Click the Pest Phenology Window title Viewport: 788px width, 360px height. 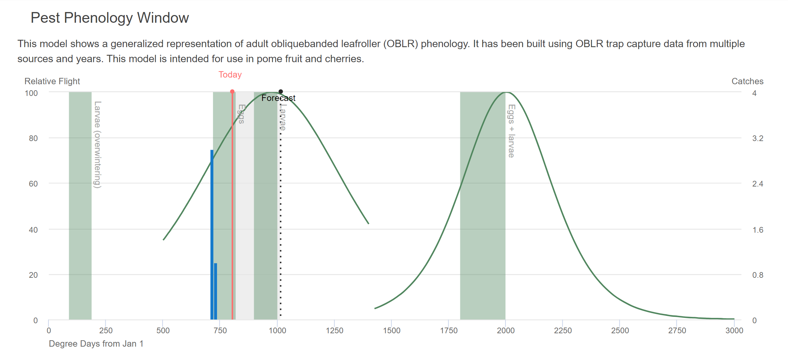tap(110, 18)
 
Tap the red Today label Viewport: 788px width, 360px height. tap(230, 75)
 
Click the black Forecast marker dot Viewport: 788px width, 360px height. tap(281, 92)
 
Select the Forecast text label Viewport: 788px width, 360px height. tap(278, 98)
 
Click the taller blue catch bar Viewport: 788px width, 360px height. tap(212, 234)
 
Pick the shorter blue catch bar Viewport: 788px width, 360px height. tap(216, 291)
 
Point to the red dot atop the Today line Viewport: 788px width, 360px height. tap(232, 92)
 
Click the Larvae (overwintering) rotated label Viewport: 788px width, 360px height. tap(97, 144)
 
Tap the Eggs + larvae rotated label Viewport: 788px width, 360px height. tap(511, 131)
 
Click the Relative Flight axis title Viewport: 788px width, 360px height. tap(52, 81)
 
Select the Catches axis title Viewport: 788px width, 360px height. tap(747, 81)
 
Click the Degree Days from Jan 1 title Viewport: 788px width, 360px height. tap(96, 344)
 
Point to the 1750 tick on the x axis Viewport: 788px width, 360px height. tap(449, 331)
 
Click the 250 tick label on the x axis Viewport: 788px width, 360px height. tap(106, 331)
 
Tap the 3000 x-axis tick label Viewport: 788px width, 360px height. tap(734, 331)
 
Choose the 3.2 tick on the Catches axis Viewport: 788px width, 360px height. tap(758, 138)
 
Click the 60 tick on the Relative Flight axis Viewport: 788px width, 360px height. tap(33, 184)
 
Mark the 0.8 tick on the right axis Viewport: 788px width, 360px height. tap(758, 275)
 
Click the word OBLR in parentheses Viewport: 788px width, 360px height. tap(401, 44)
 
